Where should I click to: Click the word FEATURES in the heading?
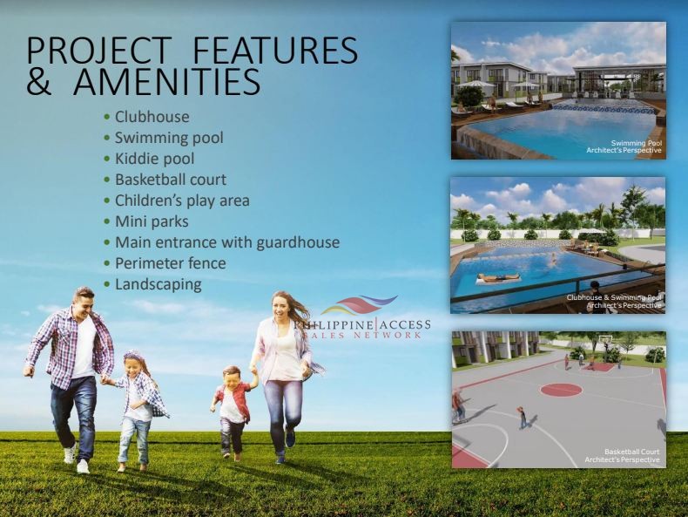pyautogui.click(x=275, y=50)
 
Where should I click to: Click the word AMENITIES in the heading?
pyautogui.click(x=166, y=81)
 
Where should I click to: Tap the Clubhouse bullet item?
pyautogui.click(x=152, y=117)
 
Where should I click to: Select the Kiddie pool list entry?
pyautogui.click(x=154, y=159)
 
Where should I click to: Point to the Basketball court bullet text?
pyautogui.click(x=171, y=180)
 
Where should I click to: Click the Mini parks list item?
pyautogui.click(x=152, y=221)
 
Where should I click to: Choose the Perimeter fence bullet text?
pyautogui.click(x=170, y=263)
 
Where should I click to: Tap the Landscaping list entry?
pyautogui.click(x=158, y=284)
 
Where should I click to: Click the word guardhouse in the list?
pyautogui.click(x=298, y=242)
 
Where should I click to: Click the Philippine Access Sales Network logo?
pyautogui.click(x=362, y=317)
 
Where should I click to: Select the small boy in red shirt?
pyautogui.click(x=231, y=412)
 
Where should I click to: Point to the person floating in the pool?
pyautogui.click(x=498, y=277)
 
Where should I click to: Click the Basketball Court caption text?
pyautogui.click(x=632, y=452)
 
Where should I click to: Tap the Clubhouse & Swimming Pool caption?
pyautogui.click(x=614, y=297)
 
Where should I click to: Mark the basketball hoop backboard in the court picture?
pyautogui.click(x=605, y=339)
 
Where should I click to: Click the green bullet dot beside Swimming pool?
pyautogui.click(x=107, y=138)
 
